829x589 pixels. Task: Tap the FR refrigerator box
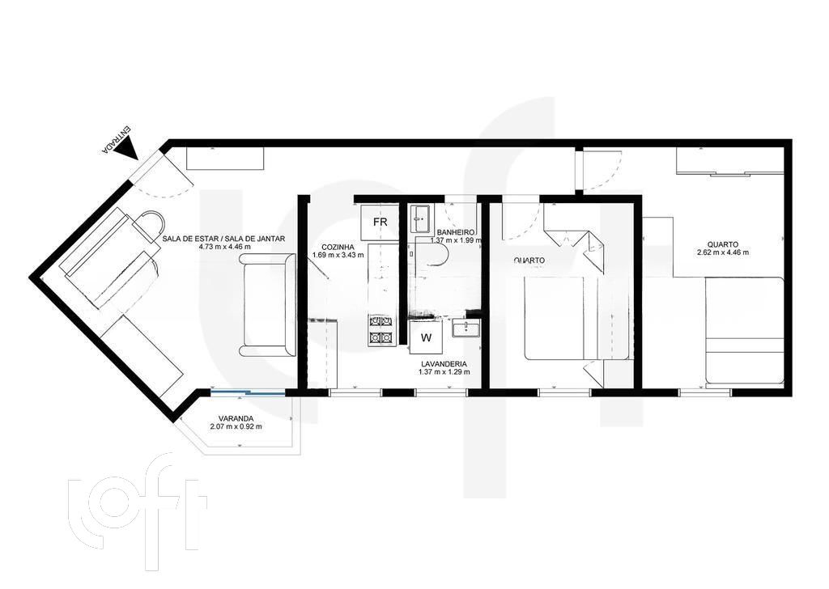click(380, 222)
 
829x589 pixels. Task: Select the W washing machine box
click(425, 336)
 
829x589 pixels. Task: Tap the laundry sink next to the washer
click(466, 328)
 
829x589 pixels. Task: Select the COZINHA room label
click(338, 246)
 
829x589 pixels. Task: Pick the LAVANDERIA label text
click(442, 364)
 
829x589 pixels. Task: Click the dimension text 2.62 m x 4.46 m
click(722, 252)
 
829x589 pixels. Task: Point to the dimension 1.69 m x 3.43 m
click(338, 255)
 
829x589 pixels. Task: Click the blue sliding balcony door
click(248, 393)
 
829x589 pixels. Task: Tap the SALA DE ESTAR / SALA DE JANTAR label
click(223, 238)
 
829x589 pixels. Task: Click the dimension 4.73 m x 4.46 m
click(223, 247)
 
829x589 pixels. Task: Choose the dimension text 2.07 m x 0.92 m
click(236, 426)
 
